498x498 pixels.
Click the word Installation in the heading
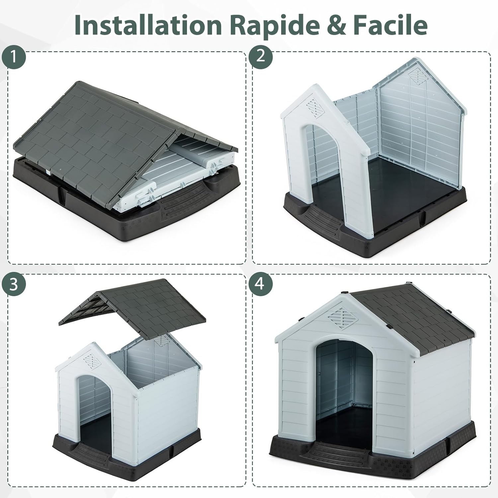148,24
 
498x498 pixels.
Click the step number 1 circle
14,57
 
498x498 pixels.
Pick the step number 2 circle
261,57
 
